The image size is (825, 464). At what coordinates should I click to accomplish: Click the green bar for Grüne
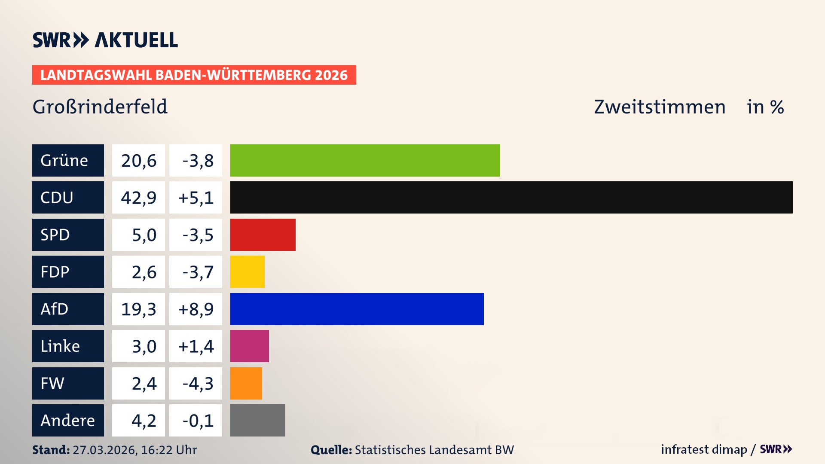click(365, 160)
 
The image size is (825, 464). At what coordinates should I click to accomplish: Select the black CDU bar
click(511, 197)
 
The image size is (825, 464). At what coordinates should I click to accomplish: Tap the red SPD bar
click(263, 235)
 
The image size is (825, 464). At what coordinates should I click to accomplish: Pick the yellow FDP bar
click(247, 272)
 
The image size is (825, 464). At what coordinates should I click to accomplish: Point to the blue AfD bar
click(357, 309)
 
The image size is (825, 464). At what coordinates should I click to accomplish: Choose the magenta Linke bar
click(249, 346)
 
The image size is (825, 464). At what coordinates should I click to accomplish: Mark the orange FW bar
click(246, 383)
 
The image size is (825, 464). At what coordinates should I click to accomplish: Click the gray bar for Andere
click(257, 420)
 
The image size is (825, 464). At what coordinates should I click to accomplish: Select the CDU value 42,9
click(138, 198)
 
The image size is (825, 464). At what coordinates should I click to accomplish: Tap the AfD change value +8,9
click(196, 309)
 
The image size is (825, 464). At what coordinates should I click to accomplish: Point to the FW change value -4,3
click(197, 384)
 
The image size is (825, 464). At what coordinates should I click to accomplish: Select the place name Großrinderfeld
click(100, 107)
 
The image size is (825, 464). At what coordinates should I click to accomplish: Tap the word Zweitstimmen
click(659, 107)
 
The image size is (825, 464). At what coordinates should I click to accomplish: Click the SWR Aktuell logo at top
click(105, 40)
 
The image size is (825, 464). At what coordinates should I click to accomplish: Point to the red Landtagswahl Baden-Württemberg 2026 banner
click(194, 75)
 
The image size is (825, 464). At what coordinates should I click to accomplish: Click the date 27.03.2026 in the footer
click(104, 450)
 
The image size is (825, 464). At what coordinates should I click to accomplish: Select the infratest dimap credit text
click(703, 449)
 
